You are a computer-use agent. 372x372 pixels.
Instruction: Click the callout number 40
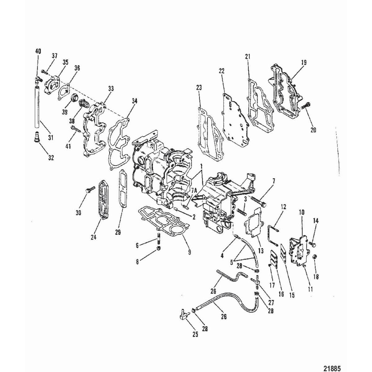coord(39,51)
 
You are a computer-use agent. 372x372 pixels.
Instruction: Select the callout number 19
coord(303,62)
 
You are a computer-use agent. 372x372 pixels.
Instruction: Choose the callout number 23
coord(199,88)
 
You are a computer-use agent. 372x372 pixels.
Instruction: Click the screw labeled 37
coord(43,72)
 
